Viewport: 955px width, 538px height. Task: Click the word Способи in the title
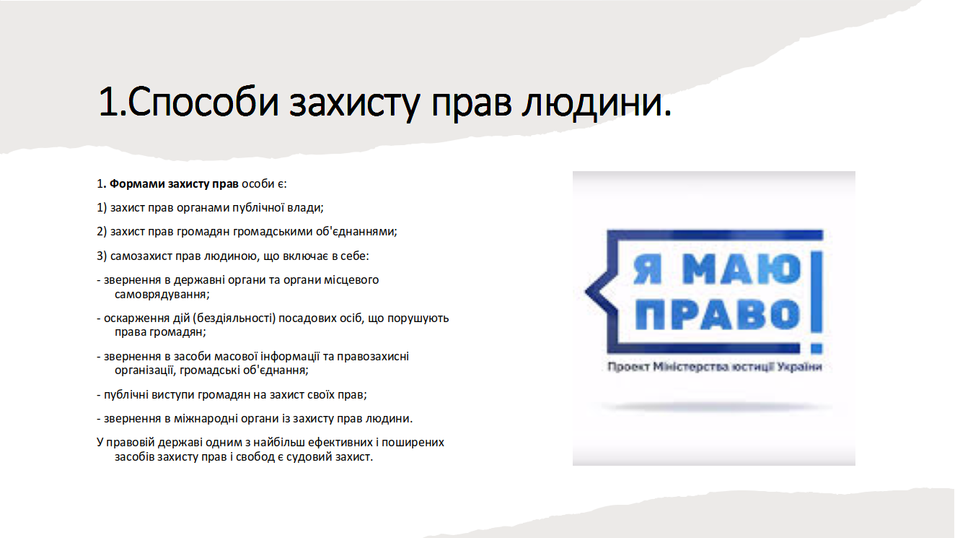click(x=203, y=102)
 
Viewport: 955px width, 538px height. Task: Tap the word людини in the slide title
click(x=597, y=103)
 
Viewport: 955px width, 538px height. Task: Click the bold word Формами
click(x=137, y=184)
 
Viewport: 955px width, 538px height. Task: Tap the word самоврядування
click(x=162, y=295)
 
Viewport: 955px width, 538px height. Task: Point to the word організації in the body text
click(x=145, y=370)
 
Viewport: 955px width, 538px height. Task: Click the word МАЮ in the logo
click(x=741, y=269)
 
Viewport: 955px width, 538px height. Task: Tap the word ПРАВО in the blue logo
click(x=717, y=314)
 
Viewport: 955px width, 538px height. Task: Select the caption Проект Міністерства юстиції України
click(x=715, y=367)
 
